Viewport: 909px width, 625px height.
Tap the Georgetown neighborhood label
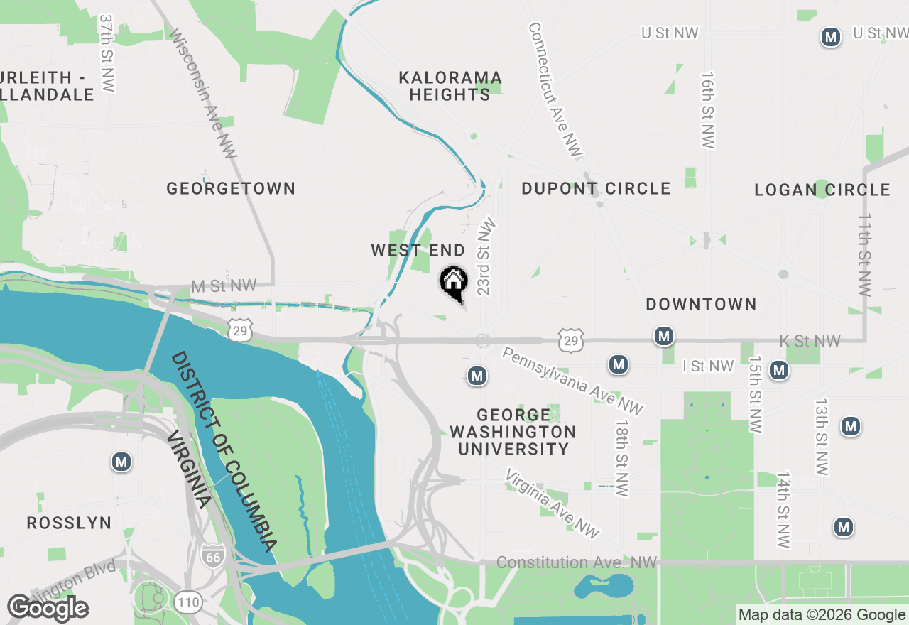pyautogui.click(x=231, y=188)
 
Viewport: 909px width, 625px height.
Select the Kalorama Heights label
pyautogui.click(x=450, y=86)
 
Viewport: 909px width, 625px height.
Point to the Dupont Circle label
pyautogui.click(x=596, y=188)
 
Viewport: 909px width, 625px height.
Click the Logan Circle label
pyautogui.click(x=822, y=190)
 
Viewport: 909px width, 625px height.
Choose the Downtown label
pyautogui.click(x=701, y=304)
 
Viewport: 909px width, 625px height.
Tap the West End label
pyautogui.click(x=418, y=250)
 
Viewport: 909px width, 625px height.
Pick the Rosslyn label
pyautogui.click(x=69, y=523)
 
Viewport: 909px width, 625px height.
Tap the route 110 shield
pyautogui.click(x=189, y=603)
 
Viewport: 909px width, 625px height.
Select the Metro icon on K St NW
pyautogui.click(x=664, y=336)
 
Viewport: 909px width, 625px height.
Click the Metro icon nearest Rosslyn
pyautogui.click(x=121, y=462)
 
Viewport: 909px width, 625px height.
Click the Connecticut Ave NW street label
pyautogui.click(x=555, y=89)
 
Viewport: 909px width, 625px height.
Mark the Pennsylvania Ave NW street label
pyautogui.click(x=572, y=381)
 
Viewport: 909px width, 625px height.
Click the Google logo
pyautogui.click(x=48, y=608)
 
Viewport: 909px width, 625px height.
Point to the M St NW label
pyautogui.click(x=224, y=286)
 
